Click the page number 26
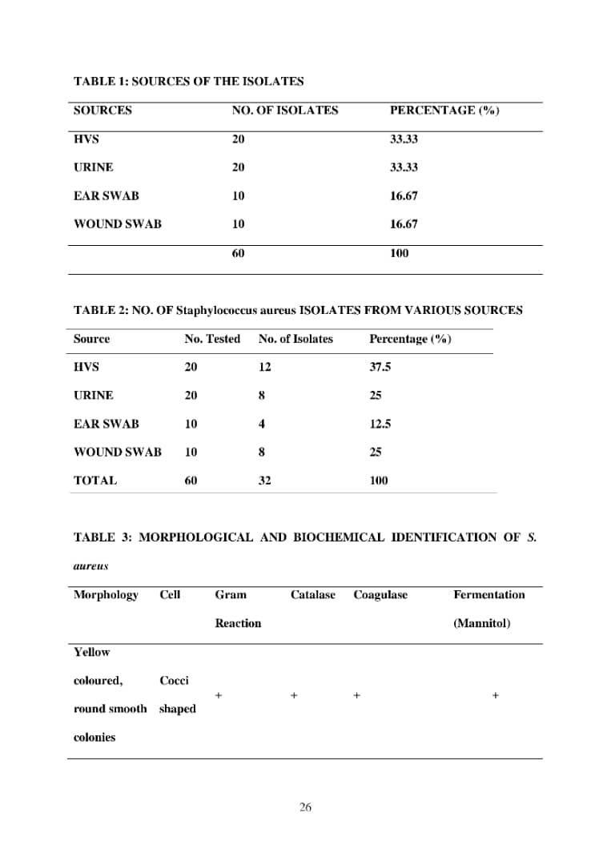click(305, 807)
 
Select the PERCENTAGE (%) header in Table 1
click(444, 111)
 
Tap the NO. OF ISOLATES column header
click(285, 111)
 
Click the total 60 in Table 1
click(239, 253)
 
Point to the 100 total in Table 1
click(399, 253)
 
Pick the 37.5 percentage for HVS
click(380, 367)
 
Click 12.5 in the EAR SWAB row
click(380, 424)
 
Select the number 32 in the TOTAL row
click(265, 481)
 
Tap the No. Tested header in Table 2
click(212, 339)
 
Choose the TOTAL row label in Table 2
click(95, 481)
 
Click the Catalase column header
click(313, 594)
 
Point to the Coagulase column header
click(380, 594)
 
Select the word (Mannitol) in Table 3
click(481, 623)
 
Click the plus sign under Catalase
click(294, 695)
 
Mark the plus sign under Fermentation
click(495, 695)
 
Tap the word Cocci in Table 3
click(174, 681)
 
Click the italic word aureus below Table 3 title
click(90, 565)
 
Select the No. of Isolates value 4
click(262, 424)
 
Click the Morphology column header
click(106, 594)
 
